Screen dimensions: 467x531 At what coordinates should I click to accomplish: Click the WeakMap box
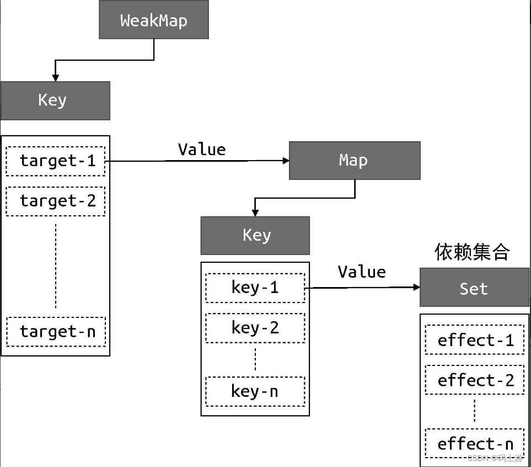154,20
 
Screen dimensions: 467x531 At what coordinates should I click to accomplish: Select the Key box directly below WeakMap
55,100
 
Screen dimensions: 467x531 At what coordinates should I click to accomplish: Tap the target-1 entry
56,161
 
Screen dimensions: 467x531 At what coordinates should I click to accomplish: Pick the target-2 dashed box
56,201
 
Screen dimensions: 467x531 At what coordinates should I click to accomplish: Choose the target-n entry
56,331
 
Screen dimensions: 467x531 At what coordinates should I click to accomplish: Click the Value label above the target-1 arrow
202,150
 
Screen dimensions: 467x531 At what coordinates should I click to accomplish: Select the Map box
354,161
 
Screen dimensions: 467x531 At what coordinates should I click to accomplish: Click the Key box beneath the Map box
255,235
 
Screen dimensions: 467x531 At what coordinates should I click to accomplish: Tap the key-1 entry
255,288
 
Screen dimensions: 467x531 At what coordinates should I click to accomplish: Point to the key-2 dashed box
255,328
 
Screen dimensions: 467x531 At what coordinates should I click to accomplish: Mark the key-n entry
255,391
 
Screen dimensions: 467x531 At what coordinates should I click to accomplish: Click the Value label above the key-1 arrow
362,272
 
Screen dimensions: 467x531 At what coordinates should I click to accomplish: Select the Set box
474,288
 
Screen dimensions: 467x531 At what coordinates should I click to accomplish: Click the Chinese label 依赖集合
473,252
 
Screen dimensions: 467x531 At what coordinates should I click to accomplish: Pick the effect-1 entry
475,341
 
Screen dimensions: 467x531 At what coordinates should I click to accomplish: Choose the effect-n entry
475,444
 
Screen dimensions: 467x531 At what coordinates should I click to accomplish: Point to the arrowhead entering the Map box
285,161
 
